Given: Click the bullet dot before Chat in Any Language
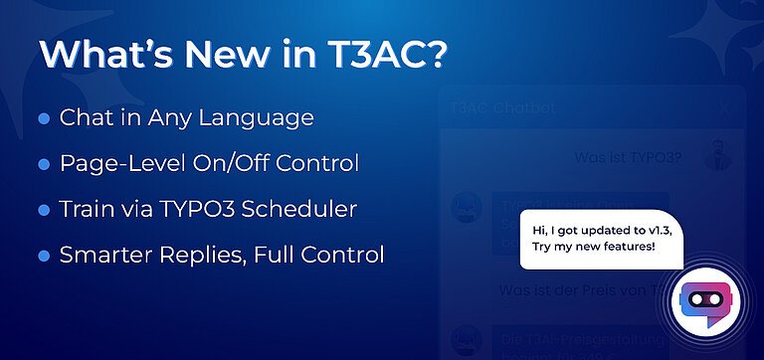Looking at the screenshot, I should [44, 118].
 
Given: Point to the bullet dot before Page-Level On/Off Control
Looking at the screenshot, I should [44, 163].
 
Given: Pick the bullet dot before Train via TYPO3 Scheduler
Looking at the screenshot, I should [44, 210].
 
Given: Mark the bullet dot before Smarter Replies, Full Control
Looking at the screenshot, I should [44, 256].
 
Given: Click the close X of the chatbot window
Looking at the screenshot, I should [724, 106].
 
